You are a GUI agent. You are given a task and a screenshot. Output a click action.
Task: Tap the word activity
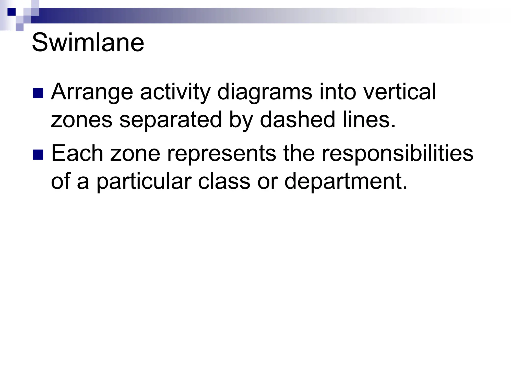point(175,93)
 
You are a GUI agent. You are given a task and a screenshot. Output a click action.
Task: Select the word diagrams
point(265,93)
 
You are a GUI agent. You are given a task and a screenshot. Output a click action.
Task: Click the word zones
point(81,120)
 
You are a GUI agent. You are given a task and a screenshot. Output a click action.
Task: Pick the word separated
point(170,120)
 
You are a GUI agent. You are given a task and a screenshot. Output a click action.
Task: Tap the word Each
point(77,153)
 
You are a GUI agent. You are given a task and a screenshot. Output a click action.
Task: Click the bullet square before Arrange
point(38,93)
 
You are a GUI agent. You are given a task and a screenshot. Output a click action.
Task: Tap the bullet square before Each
point(38,155)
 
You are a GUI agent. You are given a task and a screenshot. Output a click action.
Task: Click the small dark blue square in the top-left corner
point(11,12)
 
